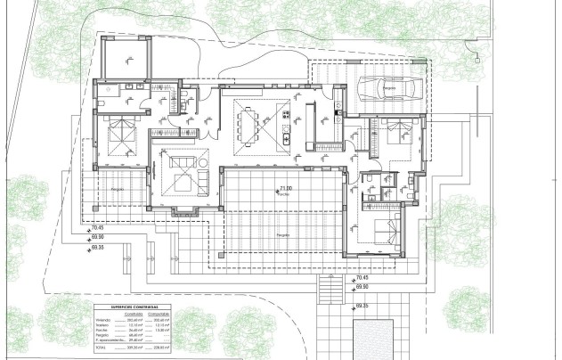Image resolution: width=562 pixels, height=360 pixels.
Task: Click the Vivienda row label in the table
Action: (106, 318)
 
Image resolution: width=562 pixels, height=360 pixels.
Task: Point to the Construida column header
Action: (134, 312)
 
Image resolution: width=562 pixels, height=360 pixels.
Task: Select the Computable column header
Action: (162, 312)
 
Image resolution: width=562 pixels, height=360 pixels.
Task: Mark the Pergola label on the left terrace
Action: (118, 191)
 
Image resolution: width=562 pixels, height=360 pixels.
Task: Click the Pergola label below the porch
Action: (282, 234)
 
